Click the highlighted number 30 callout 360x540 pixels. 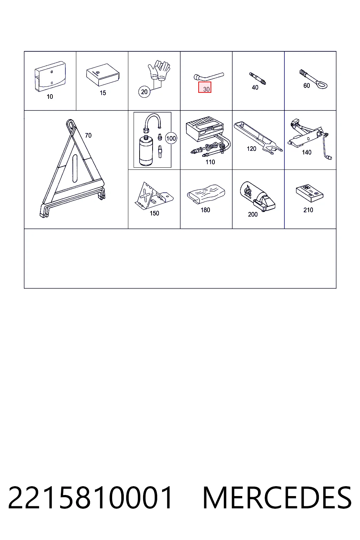coord(205,87)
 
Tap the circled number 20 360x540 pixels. coord(144,92)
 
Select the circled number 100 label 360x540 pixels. coord(171,139)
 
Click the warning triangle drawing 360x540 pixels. coord(72,169)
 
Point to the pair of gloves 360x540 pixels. coord(159,70)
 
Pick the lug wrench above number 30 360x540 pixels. coord(208,77)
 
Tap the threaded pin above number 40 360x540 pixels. coord(258,79)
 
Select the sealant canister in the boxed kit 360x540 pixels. coord(146,151)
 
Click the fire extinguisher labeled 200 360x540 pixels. coord(257,197)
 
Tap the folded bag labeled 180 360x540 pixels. coord(206,194)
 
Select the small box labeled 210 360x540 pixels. coord(310,193)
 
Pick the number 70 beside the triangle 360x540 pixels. coord(88,135)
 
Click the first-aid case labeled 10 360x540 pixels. coord(50,76)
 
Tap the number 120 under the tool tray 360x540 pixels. coord(251,149)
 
